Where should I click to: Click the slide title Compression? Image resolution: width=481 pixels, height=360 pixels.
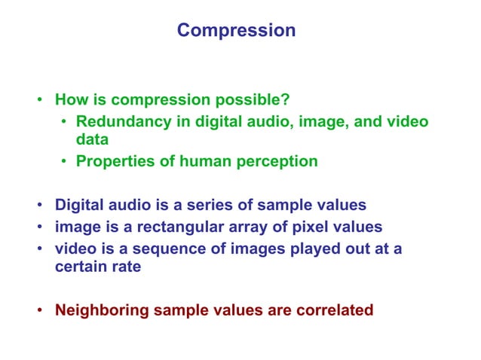[236, 31]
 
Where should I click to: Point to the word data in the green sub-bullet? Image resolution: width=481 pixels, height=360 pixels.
[92, 140]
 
